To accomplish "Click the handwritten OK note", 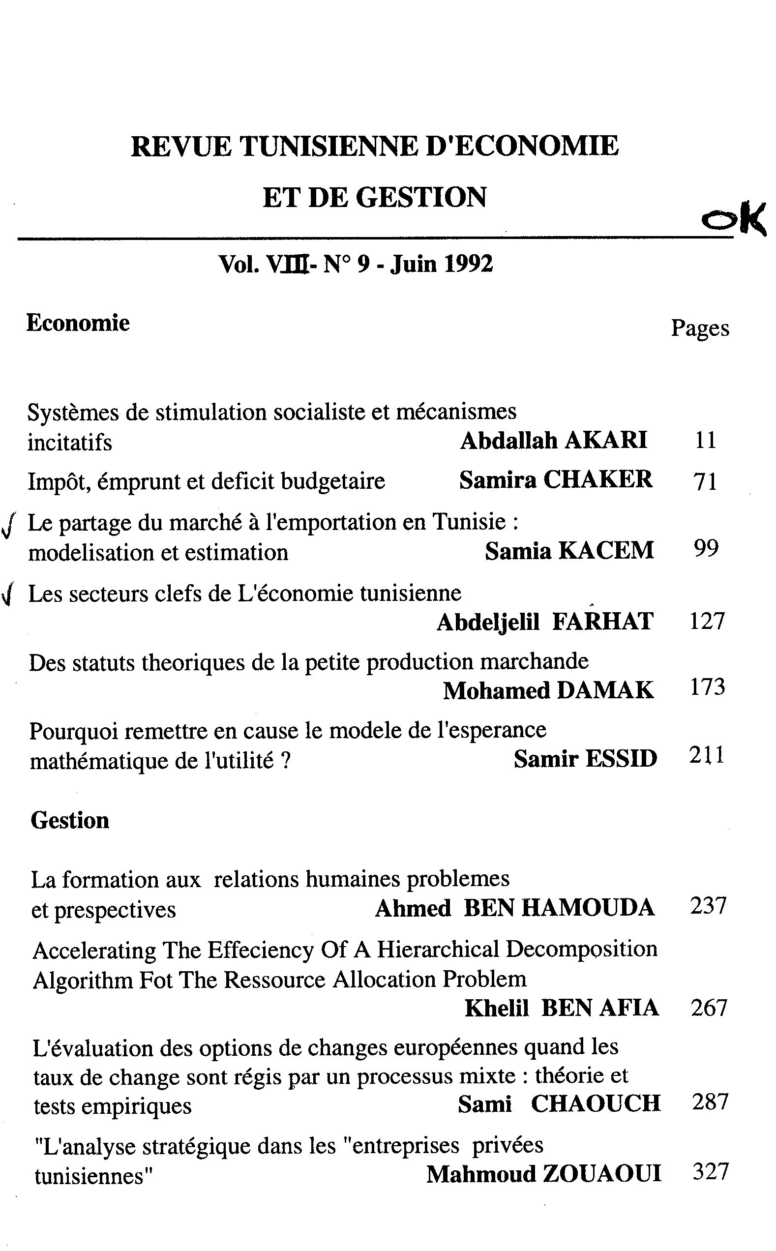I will pyautogui.click(x=734, y=217).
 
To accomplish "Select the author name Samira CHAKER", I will pyautogui.click(x=555, y=480).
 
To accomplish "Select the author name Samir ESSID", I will pyautogui.click(x=585, y=758).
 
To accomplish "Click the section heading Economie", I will pyautogui.click(x=78, y=323).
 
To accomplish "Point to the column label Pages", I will pyautogui.click(x=700, y=328).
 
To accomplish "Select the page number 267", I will pyautogui.click(x=709, y=1008).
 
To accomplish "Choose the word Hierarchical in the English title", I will pyautogui.click(x=438, y=950).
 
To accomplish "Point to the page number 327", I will pyautogui.click(x=710, y=1172).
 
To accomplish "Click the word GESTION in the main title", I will pyautogui.click(x=421, y=198).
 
